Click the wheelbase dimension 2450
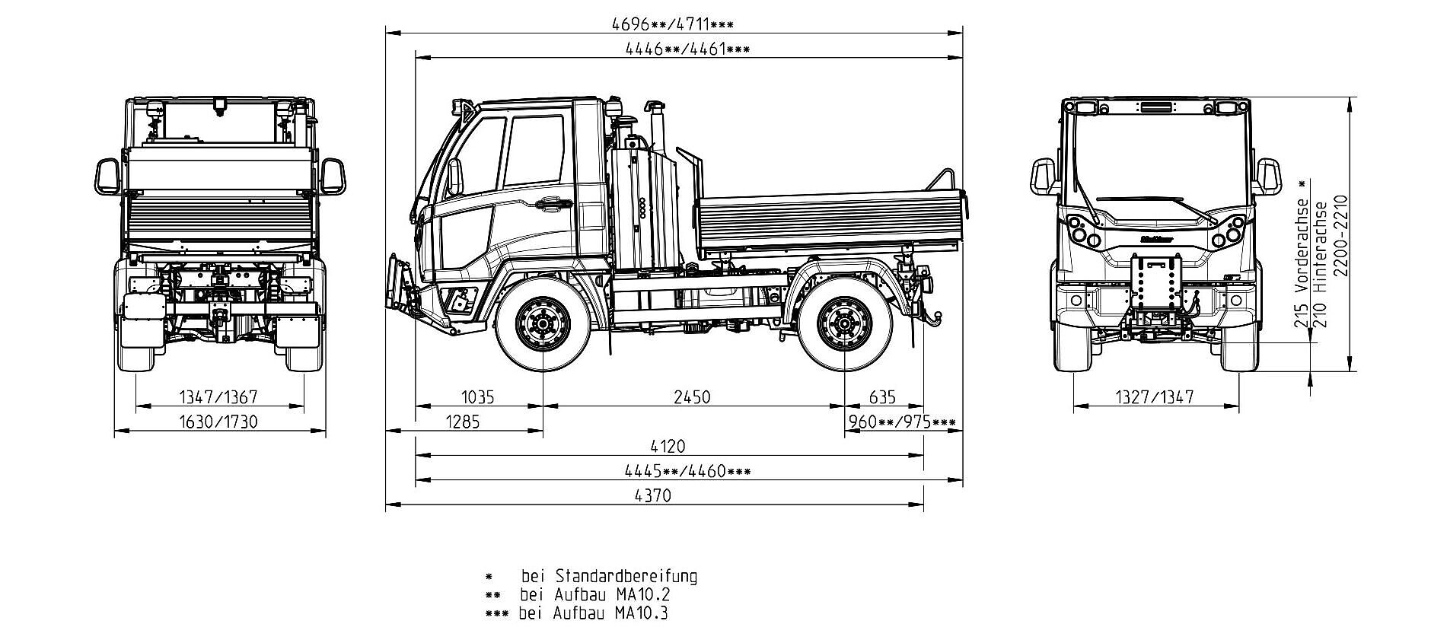692,397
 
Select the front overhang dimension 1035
478,397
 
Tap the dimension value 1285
462,422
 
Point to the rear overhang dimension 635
882,397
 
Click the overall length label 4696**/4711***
673,24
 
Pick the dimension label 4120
668,447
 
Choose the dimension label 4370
653,496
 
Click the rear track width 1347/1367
218,397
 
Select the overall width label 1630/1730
218,422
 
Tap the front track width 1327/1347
1155,397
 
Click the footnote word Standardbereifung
626,575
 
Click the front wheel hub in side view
542,324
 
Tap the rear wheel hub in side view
845,324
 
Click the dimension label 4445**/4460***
687,471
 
